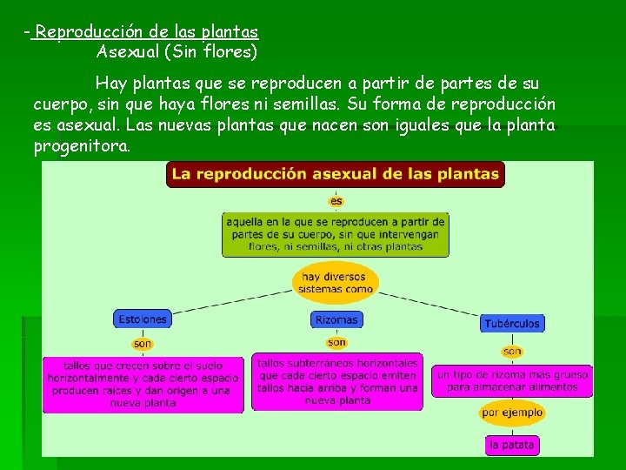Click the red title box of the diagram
tap(335, 174)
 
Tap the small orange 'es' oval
tap(336, 201)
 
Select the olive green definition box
tap(336, 234)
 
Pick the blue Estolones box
tap(142, 319)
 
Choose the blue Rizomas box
tap(336, 319)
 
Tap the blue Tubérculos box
tap(512, 323)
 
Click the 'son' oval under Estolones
tap(143, 344)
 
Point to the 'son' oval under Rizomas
tap(336, 342)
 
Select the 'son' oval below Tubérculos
tap(512, 352)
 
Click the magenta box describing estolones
tap(143, 385)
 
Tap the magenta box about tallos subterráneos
tap(337, 381)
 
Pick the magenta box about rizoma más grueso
tap(512, 380)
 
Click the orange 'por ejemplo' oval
tap(512, 412)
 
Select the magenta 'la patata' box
tap(512, 445)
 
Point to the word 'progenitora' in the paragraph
tap(80, 145)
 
